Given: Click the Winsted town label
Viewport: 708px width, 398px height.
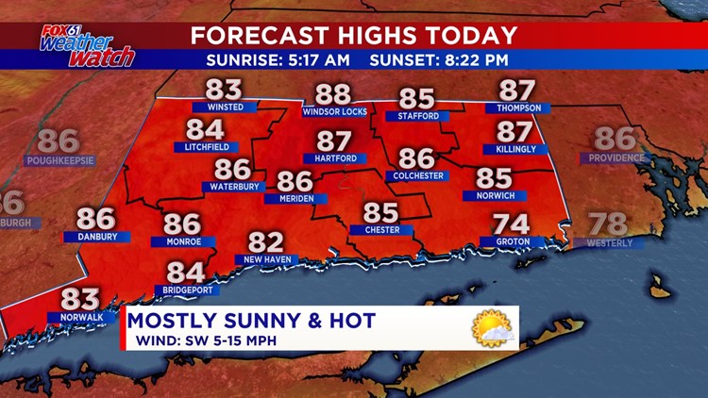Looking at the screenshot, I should [x=225, y=108].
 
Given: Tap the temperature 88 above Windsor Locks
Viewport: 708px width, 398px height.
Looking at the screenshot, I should [x=333, y=94].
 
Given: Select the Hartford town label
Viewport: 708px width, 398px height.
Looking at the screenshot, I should [x=335, y=158].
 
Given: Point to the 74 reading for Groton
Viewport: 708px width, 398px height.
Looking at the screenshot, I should [x=513, y=224].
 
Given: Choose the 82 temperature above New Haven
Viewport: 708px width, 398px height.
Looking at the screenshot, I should [x=266, y=242].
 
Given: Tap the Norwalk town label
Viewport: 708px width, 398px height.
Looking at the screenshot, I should [x=81, y=317].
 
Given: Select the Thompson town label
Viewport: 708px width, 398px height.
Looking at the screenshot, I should [x=517, y=108].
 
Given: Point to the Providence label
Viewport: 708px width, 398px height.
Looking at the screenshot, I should [x=616, y=158].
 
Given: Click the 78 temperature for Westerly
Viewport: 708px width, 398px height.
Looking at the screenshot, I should [x=608, y=224].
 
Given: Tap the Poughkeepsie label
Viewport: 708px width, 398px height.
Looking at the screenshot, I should [x=59, y=160].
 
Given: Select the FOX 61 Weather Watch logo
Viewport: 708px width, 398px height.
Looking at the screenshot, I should [x=87, y=45].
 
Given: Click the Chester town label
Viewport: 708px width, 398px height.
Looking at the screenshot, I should [x=381, y=229].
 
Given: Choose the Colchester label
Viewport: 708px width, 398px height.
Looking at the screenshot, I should [x=416, y=175].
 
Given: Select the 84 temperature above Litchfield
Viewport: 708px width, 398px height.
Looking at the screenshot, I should [x=206, y=130].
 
